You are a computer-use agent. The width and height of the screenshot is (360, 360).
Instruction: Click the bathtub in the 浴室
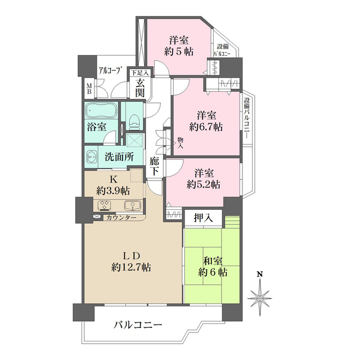pos(101,111)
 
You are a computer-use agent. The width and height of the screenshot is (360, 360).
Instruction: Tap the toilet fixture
pos(134,121)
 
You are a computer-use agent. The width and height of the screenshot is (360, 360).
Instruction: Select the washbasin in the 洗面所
pos(91,157)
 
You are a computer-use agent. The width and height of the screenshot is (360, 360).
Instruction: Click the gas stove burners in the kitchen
pos(105,205)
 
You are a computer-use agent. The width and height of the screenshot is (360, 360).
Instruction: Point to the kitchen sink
pos(133,205)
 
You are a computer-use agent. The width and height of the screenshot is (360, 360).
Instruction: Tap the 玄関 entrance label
pos(140,88)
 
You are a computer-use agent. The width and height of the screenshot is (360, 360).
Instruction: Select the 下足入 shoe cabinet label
pos(140,73)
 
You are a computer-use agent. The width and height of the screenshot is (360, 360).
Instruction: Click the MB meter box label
pos(89,89)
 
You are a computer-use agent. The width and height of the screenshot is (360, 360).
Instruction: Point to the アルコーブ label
pos(110,70)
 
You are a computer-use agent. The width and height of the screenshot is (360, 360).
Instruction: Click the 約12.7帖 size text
pos(131,267)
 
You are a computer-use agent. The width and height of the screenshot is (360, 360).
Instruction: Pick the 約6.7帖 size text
pos(206,127)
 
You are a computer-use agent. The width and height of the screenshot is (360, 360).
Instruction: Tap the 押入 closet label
pos(203,218)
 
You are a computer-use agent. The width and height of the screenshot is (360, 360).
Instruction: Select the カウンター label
pos(121,218)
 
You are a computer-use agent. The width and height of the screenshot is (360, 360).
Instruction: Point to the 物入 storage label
pos(181,143)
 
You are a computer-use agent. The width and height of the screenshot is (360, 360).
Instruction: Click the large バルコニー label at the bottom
pos(138,325)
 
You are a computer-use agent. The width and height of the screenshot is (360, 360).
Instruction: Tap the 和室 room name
pos(213,261)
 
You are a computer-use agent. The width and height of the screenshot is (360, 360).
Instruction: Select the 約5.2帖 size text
pos(204,184)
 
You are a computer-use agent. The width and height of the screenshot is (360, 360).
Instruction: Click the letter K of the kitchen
pos(113,180)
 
